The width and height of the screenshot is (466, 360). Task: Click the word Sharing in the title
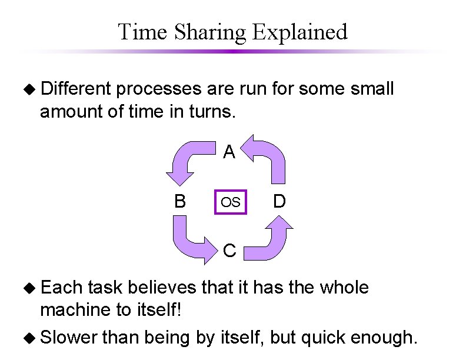[x=210, y=32]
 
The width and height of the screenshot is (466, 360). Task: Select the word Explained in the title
[x=300, y=32]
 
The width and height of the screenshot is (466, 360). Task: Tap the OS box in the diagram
[x=230, y=202]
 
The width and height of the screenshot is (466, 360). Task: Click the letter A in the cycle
[x=229, y=153]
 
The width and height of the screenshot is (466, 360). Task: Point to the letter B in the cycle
[x=180, y=202]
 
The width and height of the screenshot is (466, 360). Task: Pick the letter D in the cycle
[x=279, y=202]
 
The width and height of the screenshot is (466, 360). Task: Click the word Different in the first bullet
[x=76, y=89]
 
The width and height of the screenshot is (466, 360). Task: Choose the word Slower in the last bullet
[x=69, y=338]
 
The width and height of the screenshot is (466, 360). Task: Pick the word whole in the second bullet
[x=344, y=288]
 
